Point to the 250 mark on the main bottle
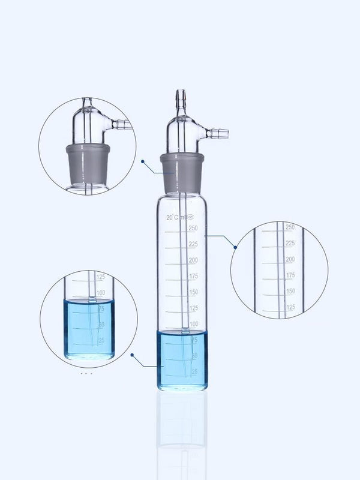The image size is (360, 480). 193,228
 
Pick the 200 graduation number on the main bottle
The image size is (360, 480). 193,260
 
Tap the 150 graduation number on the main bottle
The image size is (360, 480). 193,292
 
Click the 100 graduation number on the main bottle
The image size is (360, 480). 193,324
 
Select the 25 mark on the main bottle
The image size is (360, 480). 194,371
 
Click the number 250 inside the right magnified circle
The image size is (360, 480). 289,227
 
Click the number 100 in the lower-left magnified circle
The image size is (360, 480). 101,293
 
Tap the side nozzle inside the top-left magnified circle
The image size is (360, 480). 122,124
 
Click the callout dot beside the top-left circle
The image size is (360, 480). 143,161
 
